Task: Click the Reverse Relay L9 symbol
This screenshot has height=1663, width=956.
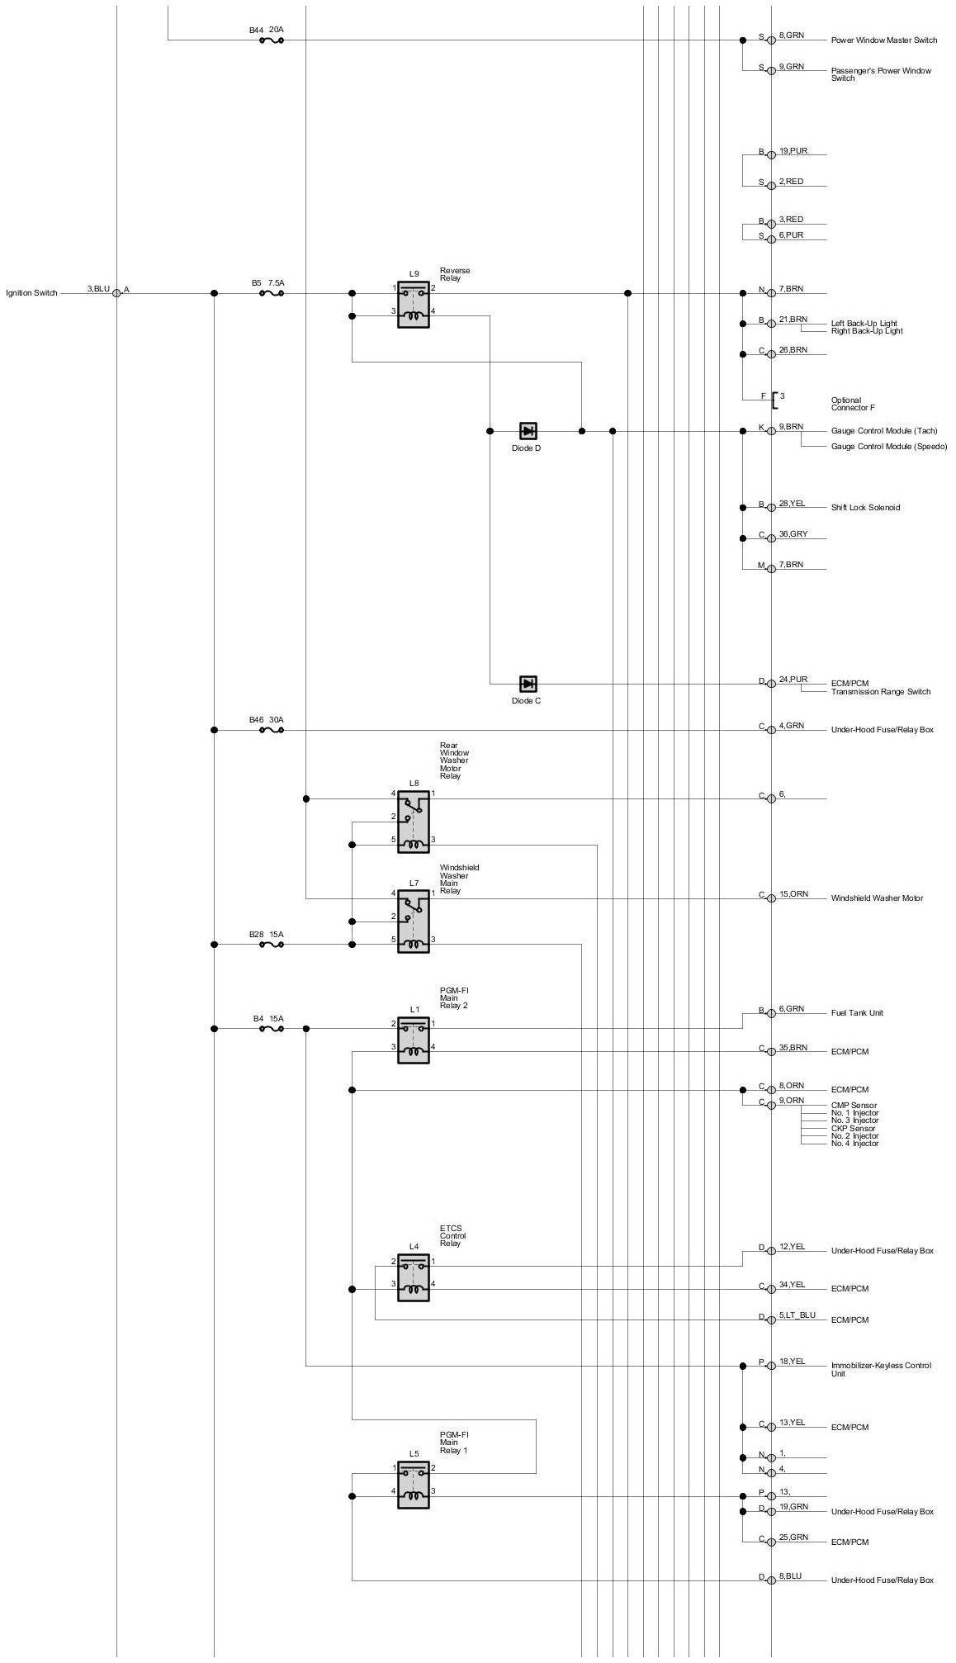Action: click(x=413, y=304)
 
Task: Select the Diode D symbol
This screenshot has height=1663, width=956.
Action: click(x=528, y=431)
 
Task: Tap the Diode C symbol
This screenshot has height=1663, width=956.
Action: click(x=528, y=684)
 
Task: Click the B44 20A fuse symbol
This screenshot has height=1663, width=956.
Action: click(x=272, y=40)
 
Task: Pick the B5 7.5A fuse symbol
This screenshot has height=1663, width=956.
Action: click(x=272, y=293)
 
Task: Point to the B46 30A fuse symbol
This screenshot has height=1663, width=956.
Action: click(x=272, y=730)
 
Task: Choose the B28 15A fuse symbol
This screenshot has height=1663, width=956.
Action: click(x=272, y=945)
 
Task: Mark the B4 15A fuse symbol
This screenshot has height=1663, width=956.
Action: click(x=272, y=1029)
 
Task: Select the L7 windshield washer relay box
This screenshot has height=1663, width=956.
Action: click(x=413, y=922)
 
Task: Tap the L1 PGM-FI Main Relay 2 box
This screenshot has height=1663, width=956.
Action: click(x=413, y=1039)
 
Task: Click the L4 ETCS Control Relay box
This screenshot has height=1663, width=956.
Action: click(x=413, y=1277)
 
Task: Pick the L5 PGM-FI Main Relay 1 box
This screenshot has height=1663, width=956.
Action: click(x=413, y=1485)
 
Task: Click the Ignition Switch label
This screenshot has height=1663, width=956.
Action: click(x=31, y=293)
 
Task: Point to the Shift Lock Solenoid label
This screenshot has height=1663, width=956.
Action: click(x=865, y=508)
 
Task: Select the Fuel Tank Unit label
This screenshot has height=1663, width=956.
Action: click(x=857, y=1013)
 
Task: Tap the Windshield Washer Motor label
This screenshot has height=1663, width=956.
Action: click(x=877, y=898)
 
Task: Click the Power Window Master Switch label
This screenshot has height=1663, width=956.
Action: click(x=884, y=40)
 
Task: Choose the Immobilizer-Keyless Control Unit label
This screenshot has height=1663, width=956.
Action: click(x=881, y=1369)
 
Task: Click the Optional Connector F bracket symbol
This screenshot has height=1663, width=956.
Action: click(x=774, y=400)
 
